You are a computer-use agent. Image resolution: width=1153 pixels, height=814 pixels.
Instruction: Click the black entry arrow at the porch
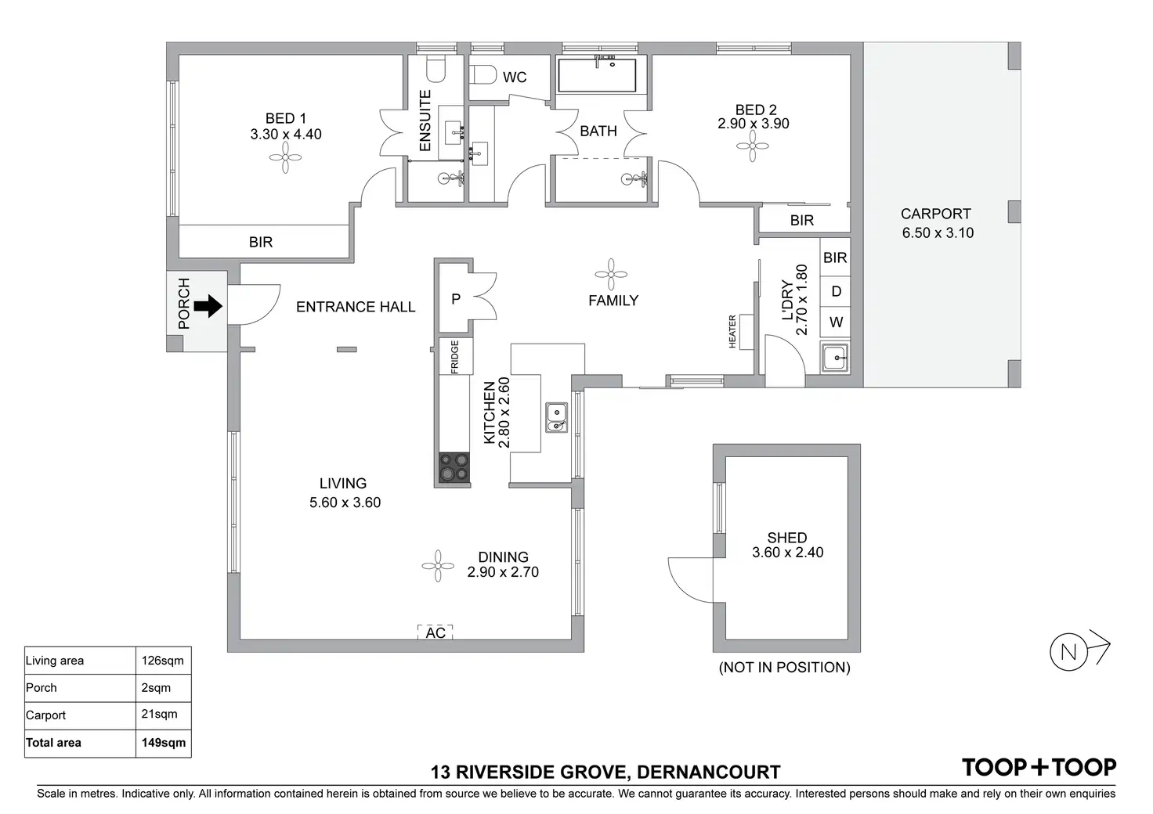[x=208, y=307]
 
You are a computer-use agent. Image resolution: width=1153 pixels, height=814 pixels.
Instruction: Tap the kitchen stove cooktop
[x=454, y=467]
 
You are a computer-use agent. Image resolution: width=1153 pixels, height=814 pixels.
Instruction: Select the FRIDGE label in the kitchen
[x=454, y=356]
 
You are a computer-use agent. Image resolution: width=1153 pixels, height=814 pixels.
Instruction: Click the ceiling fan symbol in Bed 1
[x=285, y=157]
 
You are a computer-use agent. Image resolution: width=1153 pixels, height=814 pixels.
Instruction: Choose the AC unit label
[x=436, y=633]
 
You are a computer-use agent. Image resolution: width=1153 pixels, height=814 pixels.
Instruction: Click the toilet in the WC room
[x=483, y=75]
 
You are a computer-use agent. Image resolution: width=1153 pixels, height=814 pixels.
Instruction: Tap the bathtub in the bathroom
[x=597, y=75]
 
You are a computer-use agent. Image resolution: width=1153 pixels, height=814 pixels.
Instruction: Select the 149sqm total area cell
[x=164, y=743]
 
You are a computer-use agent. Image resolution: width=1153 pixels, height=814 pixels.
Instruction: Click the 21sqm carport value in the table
[x=160, y=714]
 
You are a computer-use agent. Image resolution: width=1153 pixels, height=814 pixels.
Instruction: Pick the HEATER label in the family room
[x=732, y=332]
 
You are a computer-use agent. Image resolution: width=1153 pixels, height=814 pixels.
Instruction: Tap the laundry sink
[x=835, y=358]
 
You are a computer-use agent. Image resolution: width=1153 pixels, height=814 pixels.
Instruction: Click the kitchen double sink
[x=556, y=417]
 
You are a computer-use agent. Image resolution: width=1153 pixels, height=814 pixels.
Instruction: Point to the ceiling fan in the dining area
[x=438, y=566]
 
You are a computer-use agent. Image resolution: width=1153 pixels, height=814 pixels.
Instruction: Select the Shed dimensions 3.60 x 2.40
[x=787, y=553]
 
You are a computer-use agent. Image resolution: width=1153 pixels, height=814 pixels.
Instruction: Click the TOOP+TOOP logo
[x=1039, y=768]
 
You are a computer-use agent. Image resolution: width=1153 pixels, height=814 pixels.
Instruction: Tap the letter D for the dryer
[x=837, y=292]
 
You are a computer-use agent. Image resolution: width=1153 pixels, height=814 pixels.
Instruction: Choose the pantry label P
[x=456, y=299]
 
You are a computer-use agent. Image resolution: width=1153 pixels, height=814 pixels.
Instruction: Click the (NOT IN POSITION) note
[x=784, y=668]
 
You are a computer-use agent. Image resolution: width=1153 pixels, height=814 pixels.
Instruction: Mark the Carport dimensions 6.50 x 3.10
[x=938, y=233]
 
